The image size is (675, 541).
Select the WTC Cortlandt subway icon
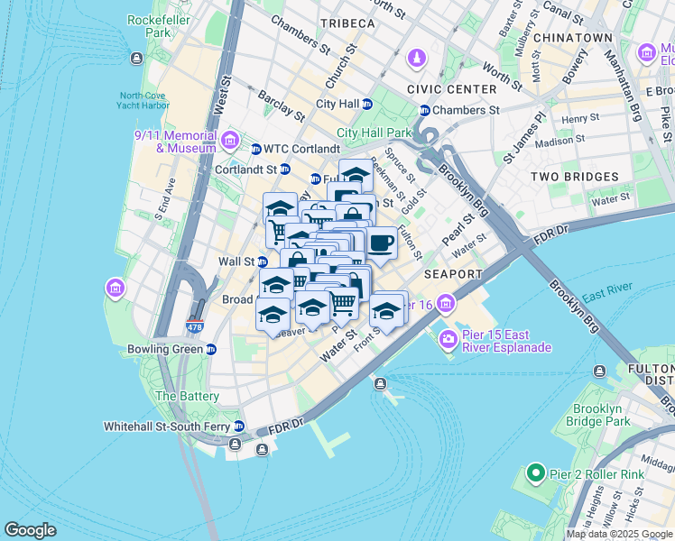[x=256, y=149]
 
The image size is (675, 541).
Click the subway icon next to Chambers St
[x=423, y=110]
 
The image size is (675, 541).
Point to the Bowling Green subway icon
[x=210, y=349]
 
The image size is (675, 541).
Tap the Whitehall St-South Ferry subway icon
[x=239, y=426]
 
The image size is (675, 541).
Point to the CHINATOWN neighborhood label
[x=572, y=38]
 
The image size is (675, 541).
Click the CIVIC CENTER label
[x=451, y=89]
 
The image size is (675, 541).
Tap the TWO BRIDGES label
[x=574, y=177]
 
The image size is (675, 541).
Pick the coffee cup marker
[x=382, y=243]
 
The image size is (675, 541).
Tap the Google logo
[x=31, y=530]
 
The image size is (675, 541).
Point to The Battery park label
[x=188, y=396]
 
